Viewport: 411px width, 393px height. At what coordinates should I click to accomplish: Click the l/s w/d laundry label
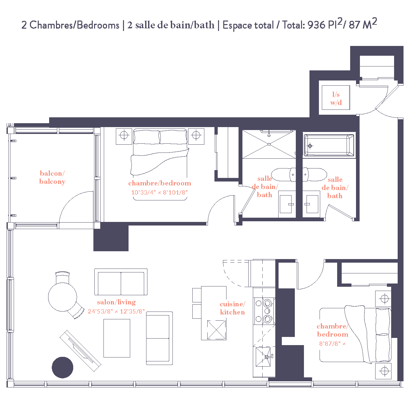coord(336,98)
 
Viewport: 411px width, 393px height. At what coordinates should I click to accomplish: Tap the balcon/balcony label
coord(52,178)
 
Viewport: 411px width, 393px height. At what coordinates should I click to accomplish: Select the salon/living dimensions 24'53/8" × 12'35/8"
coord(116,312)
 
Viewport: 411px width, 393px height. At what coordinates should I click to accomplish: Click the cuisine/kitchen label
coord(232,308)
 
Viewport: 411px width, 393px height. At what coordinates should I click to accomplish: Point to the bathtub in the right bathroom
coord(329,146)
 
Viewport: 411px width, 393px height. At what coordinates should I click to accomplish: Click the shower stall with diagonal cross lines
coord(269,144)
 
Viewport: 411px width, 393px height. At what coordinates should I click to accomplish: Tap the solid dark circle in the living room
coord(62,367)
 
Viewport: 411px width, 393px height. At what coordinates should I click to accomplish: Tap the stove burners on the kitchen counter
coord(264,311)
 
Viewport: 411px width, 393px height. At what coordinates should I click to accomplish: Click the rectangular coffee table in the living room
coord(117,338)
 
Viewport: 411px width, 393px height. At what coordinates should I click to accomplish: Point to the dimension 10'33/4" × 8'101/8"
coord(159,193)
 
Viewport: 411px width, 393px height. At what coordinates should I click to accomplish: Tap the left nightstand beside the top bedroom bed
coord(124,136)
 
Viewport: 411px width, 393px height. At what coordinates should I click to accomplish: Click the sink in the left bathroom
coord(286,204)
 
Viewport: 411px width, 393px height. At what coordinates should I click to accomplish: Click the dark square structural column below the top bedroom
coord(111,238)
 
